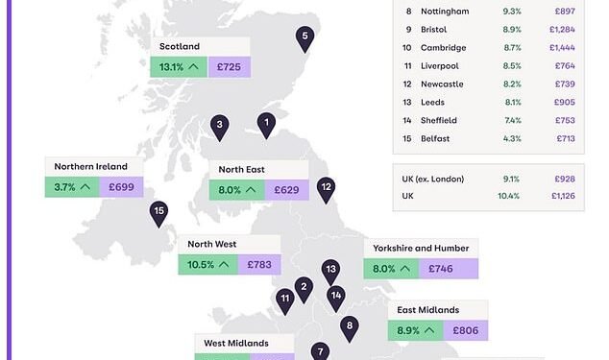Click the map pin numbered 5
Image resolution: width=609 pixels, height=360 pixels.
tap(304, 38)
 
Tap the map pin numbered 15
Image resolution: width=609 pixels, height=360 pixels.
tap(158, 212)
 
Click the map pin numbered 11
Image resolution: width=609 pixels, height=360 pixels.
tap(284, 300)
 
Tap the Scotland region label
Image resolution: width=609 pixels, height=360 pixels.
tap(180, 46)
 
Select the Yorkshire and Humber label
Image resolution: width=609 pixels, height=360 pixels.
tap(422, 248)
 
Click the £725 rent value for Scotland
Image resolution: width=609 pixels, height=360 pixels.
tap(229, 67)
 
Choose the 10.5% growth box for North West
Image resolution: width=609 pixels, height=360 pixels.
tap(209, 264)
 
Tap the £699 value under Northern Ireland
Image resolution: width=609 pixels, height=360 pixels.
tap(121, 187)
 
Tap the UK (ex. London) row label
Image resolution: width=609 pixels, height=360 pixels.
tap(434, 179)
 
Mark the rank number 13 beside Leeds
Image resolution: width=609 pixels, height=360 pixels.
tap(408, 102)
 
